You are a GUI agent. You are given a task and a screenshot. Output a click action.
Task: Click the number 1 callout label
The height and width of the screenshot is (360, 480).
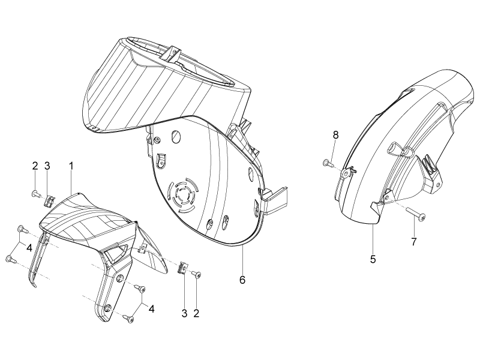coord(71,166)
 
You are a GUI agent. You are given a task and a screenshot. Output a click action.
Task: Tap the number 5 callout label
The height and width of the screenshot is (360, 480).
coord(373,259)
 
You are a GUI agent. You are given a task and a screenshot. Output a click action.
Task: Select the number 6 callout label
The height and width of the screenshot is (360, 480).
coord(242,280)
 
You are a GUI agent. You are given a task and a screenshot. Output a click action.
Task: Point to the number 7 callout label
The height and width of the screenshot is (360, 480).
coord(414,242)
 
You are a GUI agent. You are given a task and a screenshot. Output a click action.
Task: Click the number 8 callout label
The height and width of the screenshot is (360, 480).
coord(336,135)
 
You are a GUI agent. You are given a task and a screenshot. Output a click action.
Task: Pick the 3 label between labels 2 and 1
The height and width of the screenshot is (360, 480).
coord(47,166)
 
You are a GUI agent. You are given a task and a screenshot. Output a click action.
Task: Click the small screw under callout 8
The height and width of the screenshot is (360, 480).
coord(328,163)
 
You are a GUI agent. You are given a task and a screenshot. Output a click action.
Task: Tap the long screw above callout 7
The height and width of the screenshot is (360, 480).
coord(415,214)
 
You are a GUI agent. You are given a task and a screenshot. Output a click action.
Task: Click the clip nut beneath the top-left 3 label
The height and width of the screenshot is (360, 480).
coord(49,201)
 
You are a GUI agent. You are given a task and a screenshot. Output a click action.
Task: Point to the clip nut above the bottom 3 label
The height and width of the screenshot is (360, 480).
coord(183,268)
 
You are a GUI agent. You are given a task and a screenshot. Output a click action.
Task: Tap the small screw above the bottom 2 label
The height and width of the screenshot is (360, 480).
coord(197,274)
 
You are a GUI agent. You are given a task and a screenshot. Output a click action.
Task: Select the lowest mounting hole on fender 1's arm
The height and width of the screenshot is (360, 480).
coord(107,307)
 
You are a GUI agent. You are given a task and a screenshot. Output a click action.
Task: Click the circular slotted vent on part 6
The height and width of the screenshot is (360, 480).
coord(182,194)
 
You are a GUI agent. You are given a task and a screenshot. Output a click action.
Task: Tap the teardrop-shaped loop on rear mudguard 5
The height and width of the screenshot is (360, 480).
coord(395,148)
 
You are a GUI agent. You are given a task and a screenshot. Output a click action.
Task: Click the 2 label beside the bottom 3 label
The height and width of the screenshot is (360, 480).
coord(196,313)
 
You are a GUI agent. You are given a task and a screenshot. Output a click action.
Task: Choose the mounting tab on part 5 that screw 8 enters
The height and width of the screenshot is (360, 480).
coord(347,173)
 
